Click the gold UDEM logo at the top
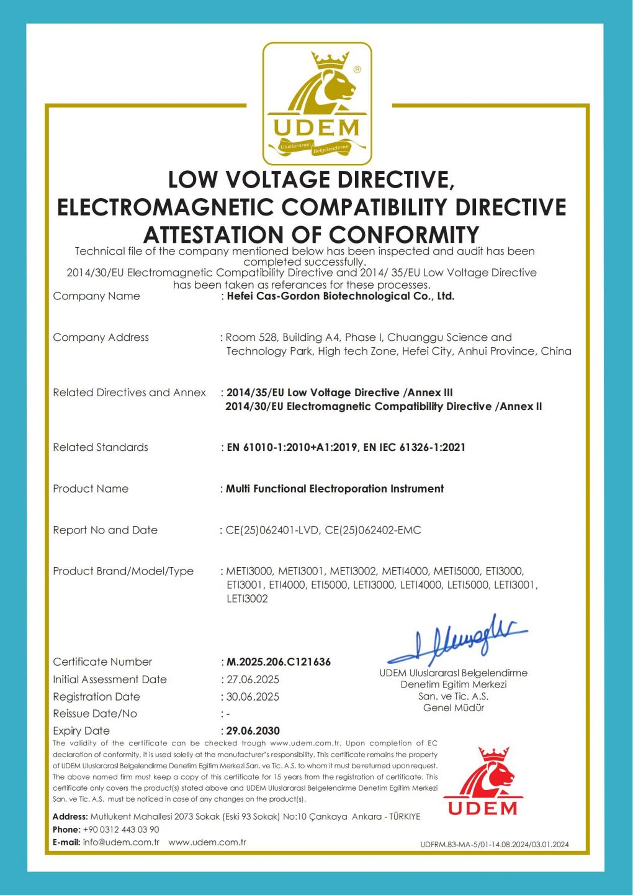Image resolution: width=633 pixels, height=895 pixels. tap(316, 104)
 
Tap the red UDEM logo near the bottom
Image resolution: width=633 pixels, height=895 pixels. tap(483, 782)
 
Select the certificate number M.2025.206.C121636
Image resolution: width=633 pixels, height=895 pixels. tap(278, 662)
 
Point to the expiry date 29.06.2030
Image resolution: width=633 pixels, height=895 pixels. tap(253, 731)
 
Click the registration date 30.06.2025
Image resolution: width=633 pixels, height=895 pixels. tap(253, 697)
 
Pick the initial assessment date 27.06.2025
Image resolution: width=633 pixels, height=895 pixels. tap(253, 679)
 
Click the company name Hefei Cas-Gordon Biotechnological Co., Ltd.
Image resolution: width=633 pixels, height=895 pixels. tap(340, 296)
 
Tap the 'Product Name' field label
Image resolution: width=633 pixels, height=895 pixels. tap(91, 489)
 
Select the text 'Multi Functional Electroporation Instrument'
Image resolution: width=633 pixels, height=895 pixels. tap(334, 489)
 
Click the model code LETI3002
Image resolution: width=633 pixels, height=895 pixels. tap(247, 599)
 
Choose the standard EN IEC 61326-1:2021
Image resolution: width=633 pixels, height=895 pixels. tap(414, 447)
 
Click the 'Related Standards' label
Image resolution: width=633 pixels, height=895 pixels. tap(101, 447)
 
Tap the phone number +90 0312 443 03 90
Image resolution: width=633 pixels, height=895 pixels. tap(121, 830)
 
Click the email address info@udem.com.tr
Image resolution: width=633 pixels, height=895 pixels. tap(121, 843)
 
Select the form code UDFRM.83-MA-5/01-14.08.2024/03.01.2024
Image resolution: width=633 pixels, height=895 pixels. tap(494, 845)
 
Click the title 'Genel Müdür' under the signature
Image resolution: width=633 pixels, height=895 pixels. tap(454, 708)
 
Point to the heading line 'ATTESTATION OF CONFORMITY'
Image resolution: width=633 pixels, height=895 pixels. tap(312, 235)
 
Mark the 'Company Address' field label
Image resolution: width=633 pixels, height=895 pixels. tap(101, 337)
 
